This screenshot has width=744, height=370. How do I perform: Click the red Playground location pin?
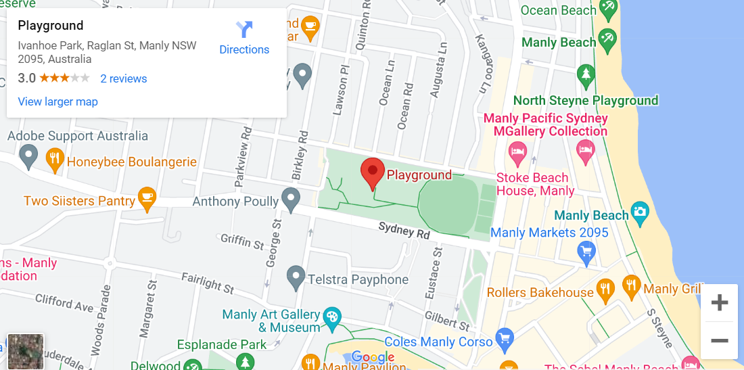point(372,172)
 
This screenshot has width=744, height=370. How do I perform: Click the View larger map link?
point(57,101)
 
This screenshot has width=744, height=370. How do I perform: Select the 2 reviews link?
point(124,78)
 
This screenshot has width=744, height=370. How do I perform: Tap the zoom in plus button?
point(719,302)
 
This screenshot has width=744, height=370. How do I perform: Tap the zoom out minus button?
point(719,340)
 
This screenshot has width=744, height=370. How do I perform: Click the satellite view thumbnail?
point(26,351)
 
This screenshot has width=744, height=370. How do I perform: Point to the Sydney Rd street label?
point(404,231)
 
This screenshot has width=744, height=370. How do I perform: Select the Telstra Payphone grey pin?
point(295,276)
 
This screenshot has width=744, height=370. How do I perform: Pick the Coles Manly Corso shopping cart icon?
point(504,338)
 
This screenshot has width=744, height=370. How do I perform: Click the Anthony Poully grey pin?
point(291,199)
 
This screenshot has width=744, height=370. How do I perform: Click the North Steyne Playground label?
point(585,101)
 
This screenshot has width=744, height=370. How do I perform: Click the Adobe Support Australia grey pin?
point(28,157)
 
